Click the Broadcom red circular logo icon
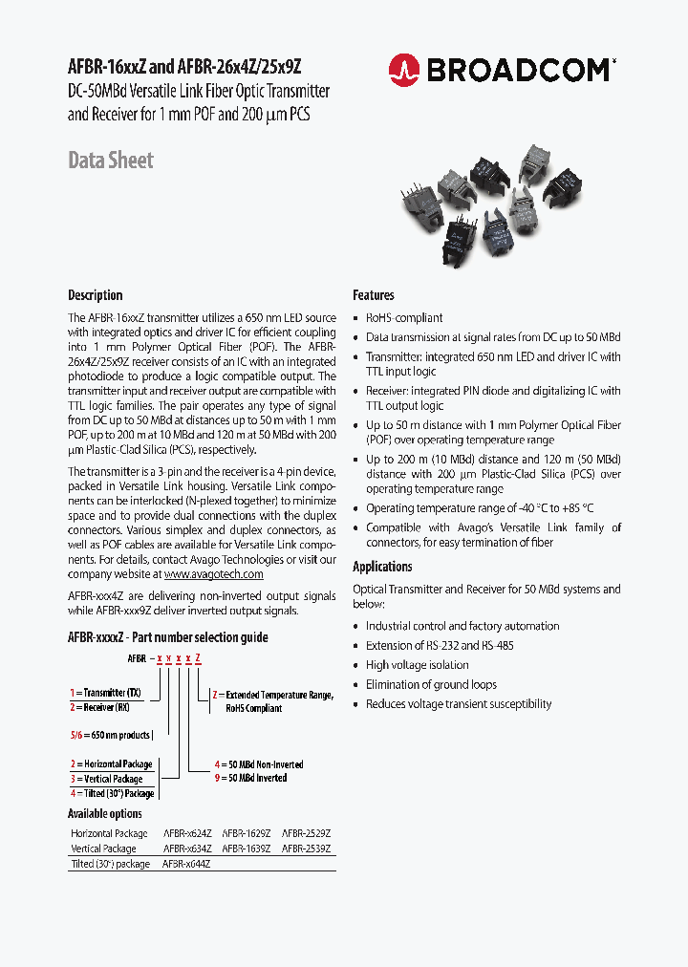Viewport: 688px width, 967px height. coord(404,69)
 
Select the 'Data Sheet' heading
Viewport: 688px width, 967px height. coord(110,161)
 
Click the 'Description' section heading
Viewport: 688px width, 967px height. coord(95,295)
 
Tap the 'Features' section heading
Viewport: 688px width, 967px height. coord(373,295)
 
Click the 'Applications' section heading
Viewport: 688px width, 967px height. coord(382,567)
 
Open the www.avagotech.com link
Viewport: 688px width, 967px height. coord(213,574)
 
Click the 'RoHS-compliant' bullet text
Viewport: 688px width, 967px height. coord(404,318)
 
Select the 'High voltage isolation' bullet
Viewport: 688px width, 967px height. coord(417,665)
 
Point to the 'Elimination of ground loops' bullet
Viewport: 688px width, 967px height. coord(431,684)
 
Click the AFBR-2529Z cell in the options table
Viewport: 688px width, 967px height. coord(306,833)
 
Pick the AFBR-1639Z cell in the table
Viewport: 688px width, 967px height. coord(247,849)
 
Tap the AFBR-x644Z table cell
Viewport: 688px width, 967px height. coord(186,864)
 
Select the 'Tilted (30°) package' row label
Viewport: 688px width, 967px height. coord(111,864)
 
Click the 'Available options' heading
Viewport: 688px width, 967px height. coord(105,814)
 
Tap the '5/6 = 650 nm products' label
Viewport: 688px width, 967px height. coord(110,735)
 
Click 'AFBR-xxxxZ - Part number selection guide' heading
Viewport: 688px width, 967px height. coord(168,637)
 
